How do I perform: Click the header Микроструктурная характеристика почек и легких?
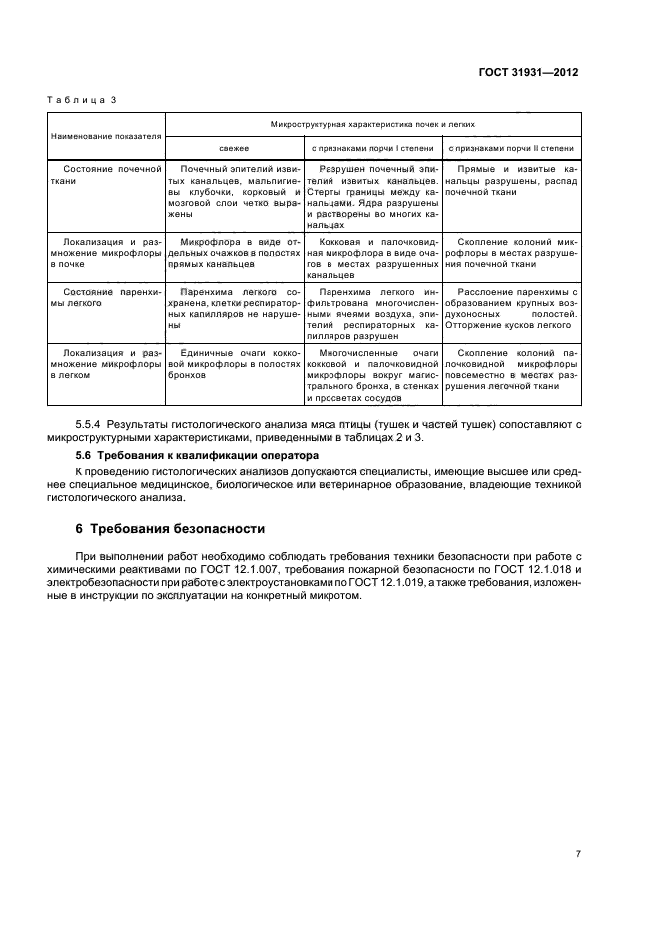pyautogui.click(x=371, y=125)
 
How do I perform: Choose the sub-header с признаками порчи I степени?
pyautogui.click(x=371, y=148)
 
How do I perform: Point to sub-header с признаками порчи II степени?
pyautogui.click(x=510, y=148)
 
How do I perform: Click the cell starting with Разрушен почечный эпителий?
pyautogui.click(x=371, y=198)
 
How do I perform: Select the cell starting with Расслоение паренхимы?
pyautogui.click(x=510, y=308)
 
